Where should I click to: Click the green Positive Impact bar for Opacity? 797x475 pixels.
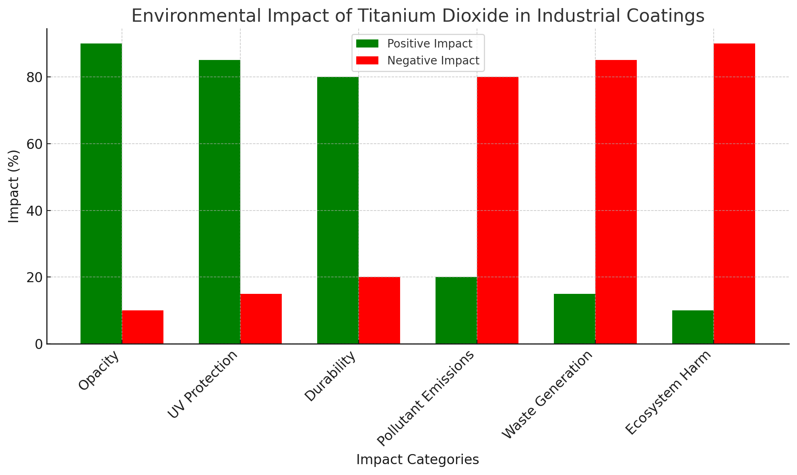[101, 193]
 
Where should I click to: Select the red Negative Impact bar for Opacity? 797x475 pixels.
[142, 327]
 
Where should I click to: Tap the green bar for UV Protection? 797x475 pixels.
[219, 201]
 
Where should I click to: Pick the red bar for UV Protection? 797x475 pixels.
[261, 318]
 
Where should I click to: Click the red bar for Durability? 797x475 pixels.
[379, 310]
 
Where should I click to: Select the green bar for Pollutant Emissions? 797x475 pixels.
[456, 310]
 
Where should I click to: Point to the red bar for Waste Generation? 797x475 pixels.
[616, 201]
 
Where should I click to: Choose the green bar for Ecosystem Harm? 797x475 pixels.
[693, 327]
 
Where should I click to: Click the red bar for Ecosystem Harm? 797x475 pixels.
[734, 193]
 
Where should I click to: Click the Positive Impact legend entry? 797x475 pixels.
[429, 43]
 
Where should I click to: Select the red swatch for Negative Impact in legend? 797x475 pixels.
[367, 60]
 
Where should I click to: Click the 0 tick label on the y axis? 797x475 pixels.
[39, 345]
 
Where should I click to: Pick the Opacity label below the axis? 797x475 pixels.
[99, 371]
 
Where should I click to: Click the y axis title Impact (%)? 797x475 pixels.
[14, 186]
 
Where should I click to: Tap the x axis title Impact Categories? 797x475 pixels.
[417, 460]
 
